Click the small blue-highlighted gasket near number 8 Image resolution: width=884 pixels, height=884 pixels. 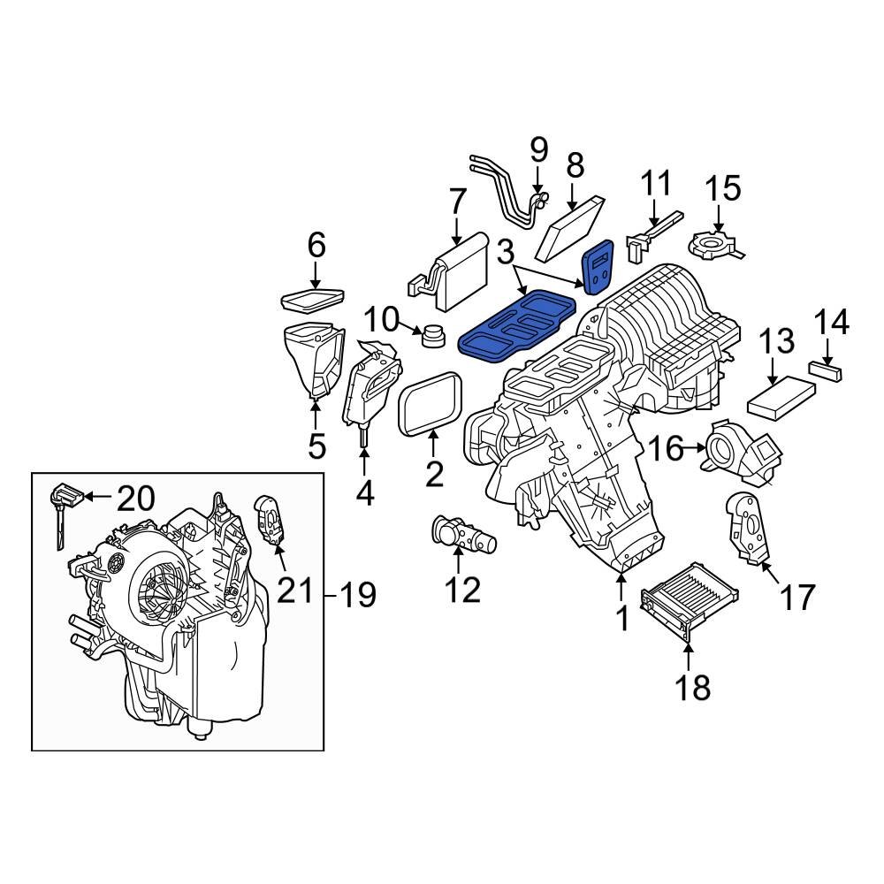pyautogui.click(x=598, y=266)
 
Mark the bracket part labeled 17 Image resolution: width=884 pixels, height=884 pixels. pyautogui.click(x=746, y=527)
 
